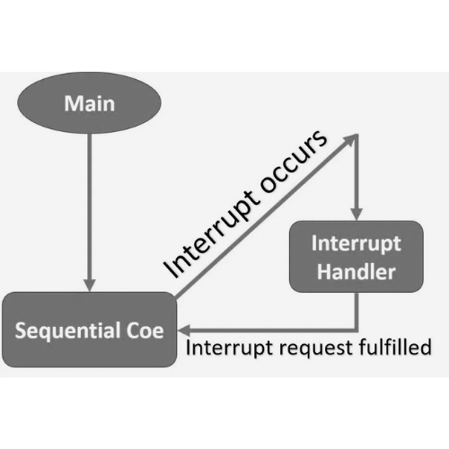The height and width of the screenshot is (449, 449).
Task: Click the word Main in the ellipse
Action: (x=90, y=103)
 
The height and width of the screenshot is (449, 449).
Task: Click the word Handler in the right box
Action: (x=357, y=271)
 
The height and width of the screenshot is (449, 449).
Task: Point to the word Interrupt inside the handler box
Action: (x=357, y=244)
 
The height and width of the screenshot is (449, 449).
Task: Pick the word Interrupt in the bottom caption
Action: (x=230, y=348)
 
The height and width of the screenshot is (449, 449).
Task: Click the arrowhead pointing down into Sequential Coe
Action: (x=89, y=285)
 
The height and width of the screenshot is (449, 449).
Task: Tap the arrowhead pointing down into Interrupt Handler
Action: (x=357, y=215)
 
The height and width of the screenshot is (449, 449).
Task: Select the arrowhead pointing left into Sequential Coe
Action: (x=182, y=330)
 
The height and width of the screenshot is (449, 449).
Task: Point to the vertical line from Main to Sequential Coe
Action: (x=89, y=207)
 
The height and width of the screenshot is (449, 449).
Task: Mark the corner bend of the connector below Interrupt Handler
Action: (x=357, y=330)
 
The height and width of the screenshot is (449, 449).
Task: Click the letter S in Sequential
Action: (x=21, y=330)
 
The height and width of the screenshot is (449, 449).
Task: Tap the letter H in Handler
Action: (x=323, y=271)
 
